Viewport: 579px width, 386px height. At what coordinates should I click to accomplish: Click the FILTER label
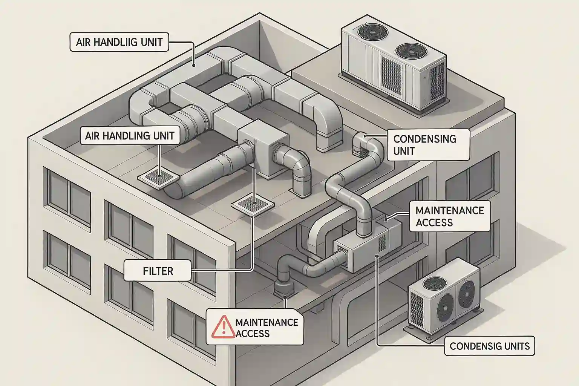[158, 271]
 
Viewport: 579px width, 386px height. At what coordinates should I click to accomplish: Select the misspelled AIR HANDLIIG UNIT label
[119, 42]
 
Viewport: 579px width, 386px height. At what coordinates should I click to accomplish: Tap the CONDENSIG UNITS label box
[490, 346]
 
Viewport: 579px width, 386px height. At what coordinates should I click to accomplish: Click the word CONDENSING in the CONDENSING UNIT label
[425, 139]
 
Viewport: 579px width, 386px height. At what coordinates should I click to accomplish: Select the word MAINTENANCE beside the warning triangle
[267, 322]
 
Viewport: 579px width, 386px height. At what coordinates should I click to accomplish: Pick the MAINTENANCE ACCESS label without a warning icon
[450, 216]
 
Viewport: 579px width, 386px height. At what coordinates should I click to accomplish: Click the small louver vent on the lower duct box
[382, 244]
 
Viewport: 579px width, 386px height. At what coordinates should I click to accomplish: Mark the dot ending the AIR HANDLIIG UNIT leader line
[193, 65]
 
